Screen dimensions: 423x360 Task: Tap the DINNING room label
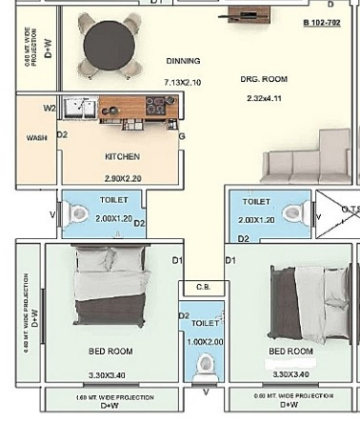[x=183, y=61]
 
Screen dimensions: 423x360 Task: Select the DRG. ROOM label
[x=264, y=79]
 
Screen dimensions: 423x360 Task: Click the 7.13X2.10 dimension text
[x=183, y=82]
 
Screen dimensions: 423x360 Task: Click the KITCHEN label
[x=123, y=156]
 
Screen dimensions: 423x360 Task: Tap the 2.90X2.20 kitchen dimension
[x=123, y=178]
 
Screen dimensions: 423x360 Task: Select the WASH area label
[x=36, y=138]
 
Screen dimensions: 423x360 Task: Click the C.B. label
[x=203, y=287]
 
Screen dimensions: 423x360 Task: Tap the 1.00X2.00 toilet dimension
[x=206, y=341]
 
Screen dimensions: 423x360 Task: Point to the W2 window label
[x=50, y=109]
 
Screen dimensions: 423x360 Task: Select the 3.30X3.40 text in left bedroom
[x=105, y=375]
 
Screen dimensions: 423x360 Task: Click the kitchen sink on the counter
[x=79, y=108]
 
